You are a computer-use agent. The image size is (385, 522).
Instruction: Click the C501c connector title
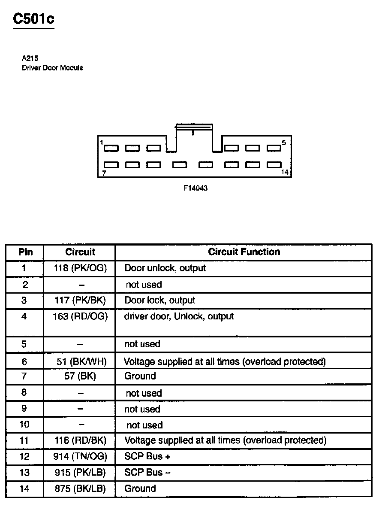(34, 19)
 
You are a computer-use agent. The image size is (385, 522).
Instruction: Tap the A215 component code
(30, 59)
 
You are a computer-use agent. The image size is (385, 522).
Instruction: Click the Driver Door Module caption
(52, 68)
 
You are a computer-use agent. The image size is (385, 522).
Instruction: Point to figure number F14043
(196, 188)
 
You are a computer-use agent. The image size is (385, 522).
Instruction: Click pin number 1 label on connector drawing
(102, 143)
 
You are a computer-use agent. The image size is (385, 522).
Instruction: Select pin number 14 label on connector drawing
(285, 172)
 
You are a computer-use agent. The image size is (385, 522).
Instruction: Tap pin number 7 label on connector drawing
(104, 173)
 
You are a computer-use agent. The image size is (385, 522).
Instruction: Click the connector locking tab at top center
(194, 127)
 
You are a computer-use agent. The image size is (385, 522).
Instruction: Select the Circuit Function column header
(244, 252)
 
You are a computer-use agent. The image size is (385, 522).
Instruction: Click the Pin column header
(25, 252)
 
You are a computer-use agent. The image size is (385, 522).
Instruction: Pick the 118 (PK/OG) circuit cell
(80, 268)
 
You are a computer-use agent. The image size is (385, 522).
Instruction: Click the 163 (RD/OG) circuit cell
(80, 316)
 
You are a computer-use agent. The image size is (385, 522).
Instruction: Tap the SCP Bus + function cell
(147, 456)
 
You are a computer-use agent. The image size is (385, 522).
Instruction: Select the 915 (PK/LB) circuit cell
(80, 473)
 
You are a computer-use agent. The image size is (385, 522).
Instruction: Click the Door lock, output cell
(159, 300)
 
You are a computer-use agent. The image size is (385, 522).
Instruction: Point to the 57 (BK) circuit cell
(80, 376)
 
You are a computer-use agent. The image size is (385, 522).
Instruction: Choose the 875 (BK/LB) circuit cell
(80, 489)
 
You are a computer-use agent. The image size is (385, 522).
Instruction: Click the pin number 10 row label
(24, 425)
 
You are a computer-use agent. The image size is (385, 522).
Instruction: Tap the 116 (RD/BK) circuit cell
(80, 440)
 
